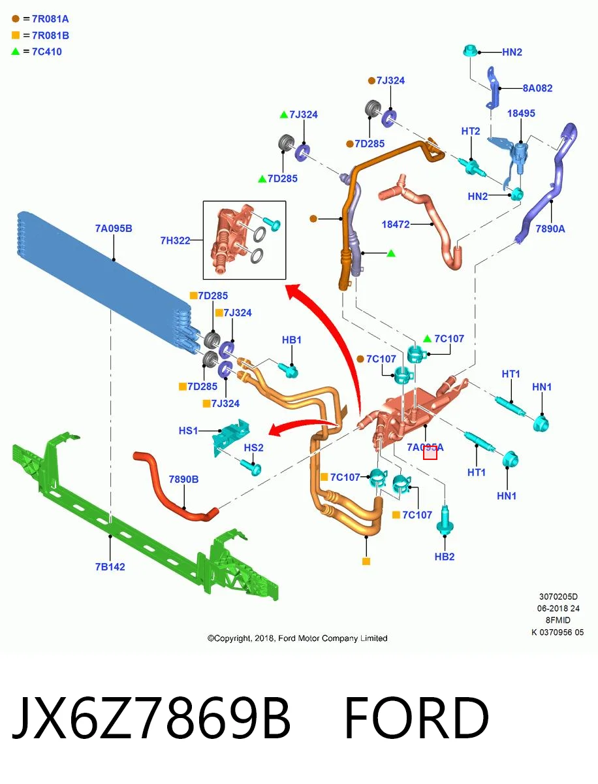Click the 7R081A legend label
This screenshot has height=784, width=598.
click(x=50, y=19)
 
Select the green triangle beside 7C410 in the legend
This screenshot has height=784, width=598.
click(x=16, y=52)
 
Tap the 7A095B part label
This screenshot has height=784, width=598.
click(x=114, y=228)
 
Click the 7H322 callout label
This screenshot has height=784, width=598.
click(x=175, y=240)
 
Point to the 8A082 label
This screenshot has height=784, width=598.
click(x=537, y=88)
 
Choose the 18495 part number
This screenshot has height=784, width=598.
click(x=521, y=113)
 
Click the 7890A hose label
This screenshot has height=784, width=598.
click(x=550, y=229)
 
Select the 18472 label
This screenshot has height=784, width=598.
click(x=396, y=224)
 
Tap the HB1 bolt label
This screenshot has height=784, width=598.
click(x=292, y=340)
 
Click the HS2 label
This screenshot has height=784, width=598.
click(x=253, y=448)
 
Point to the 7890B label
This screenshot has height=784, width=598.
click(x=183, y=480)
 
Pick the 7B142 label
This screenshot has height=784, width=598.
click(x=110, y=567)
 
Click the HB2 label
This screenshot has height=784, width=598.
click(x=444, y=557)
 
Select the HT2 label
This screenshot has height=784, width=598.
click(x=470, y=131)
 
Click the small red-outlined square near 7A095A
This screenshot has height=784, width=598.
click(x=430, y=453)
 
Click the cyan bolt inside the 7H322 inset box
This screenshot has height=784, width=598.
click(x=272, y=223)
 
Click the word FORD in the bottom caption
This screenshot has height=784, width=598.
click(x=416, y=717)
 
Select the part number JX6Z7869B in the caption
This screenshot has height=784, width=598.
click(x=151, y=717)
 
